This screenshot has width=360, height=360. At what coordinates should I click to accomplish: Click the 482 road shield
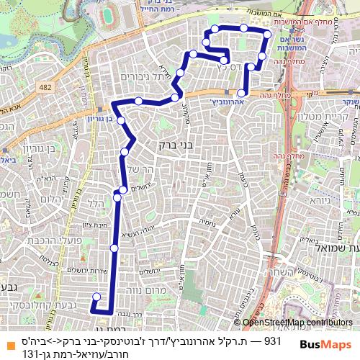tap(47, 86)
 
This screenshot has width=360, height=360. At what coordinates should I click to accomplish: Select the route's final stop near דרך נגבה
tap(96, 296)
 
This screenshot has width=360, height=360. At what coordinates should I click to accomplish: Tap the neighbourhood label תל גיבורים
tap(145, 76)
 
